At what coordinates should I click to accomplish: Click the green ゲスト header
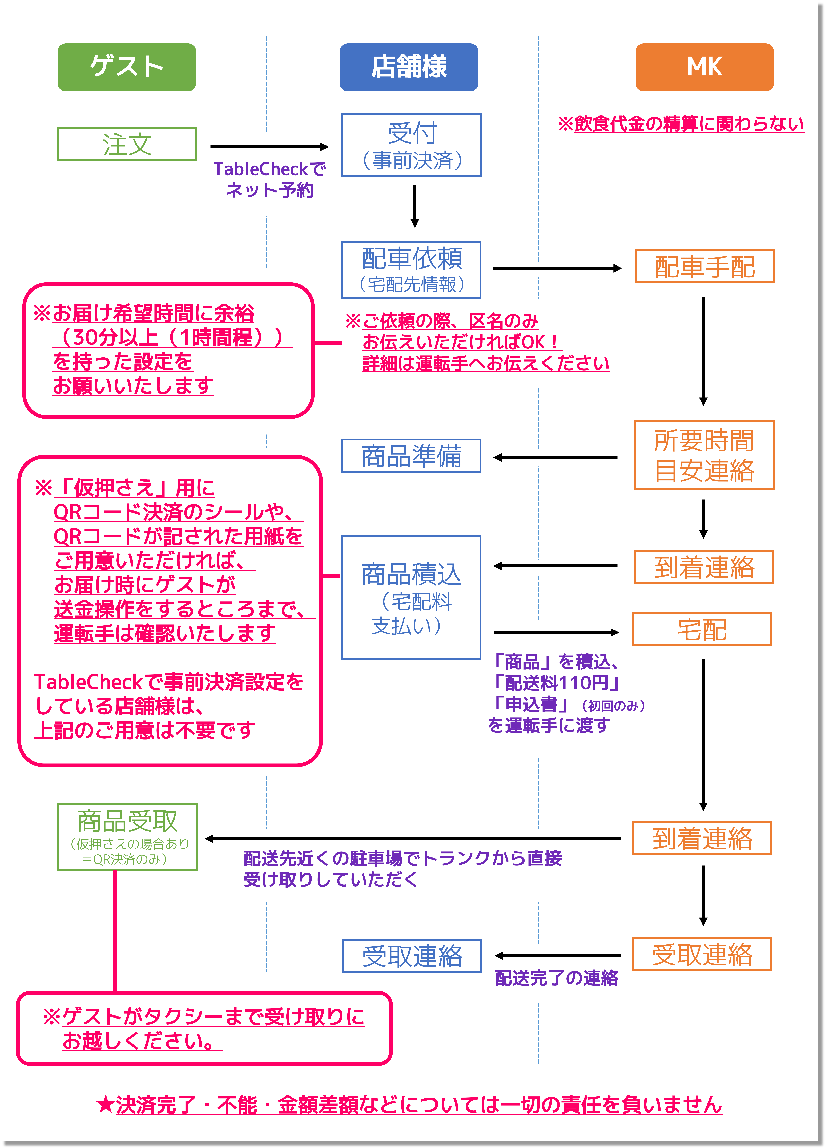pyautogui.click(x=127, y=67)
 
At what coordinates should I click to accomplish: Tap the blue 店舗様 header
pyautogui.click(x=409, y=67)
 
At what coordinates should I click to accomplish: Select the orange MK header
pyautogui.click(x=704, y=67)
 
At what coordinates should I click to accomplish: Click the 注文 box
pyautogui.click(x=127, y=144)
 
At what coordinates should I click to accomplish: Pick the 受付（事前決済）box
pyautogui.click(x=411, y=145)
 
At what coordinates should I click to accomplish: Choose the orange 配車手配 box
pyautogui.click(x=704, y=266)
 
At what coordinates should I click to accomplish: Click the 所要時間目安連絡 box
pyautogui.click(x=704, y=455)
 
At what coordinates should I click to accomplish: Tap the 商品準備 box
pyautogui.click(x=411, y=456)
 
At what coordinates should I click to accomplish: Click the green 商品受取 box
pyautogui.click(x=127, y=837)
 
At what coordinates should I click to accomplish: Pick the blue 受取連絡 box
pyautogui.click(x=412, y=956)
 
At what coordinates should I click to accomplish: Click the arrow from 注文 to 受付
pyautogui.click(x=269, y=147)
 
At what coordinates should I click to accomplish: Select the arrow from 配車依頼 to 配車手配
pyautogui.click(x=557, y=268)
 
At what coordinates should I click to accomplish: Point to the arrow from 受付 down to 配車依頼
pyautogui.click(x=415, y=207)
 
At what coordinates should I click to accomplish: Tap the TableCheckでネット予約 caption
pyautogui.click(x=269, y=179)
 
